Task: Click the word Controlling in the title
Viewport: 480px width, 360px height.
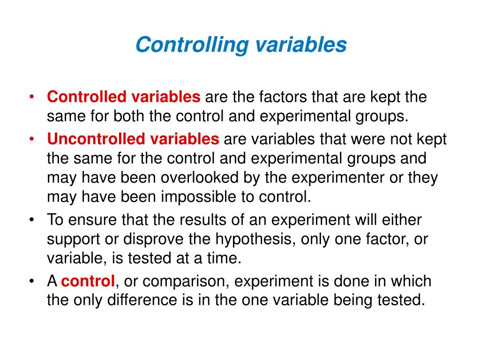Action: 192,45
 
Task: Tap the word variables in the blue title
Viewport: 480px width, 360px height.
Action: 301,45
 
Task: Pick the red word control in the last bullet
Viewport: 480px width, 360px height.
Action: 88,281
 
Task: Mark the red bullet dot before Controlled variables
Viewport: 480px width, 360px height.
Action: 31,97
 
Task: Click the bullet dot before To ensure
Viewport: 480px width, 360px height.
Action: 31,220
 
